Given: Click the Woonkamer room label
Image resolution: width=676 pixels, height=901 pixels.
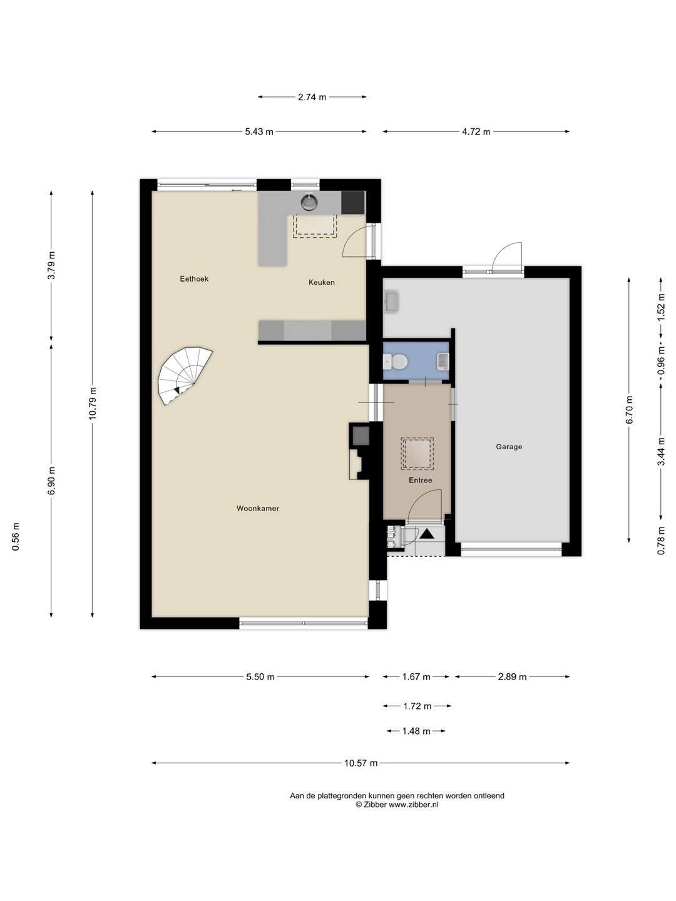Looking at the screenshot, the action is point(258,508).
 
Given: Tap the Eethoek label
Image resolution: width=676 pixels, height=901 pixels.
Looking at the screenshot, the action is point(194,278).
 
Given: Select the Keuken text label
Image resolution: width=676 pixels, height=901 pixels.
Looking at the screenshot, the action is point(321,282).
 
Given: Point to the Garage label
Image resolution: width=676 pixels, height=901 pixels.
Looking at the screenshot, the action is point(509,447).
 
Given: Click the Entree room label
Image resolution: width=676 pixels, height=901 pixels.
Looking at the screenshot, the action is point(420,480).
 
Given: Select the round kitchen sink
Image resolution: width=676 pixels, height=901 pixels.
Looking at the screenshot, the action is point(309,202).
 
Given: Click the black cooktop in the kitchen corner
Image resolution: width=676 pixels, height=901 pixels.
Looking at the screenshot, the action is point(353,202).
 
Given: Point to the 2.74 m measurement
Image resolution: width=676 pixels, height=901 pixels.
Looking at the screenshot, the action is point(312,97).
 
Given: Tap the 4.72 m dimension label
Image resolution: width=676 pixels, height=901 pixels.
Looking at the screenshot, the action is point(476,132).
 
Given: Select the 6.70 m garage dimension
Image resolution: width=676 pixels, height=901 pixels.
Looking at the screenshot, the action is point(629,409).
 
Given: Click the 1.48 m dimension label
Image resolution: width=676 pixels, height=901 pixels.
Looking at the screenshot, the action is point(416,731).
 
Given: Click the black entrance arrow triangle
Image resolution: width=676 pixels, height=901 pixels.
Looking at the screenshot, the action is point(426,534).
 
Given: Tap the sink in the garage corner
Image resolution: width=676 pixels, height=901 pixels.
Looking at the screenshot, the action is point(391,302).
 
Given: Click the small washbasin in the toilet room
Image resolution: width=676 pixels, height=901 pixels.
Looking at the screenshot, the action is point(443,362).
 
